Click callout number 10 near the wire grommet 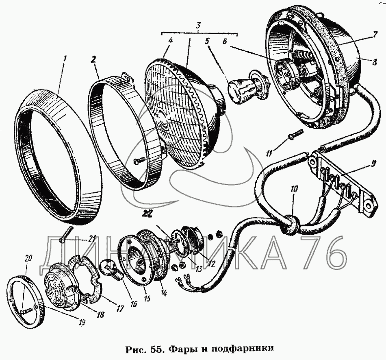[x=294, y=189]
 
